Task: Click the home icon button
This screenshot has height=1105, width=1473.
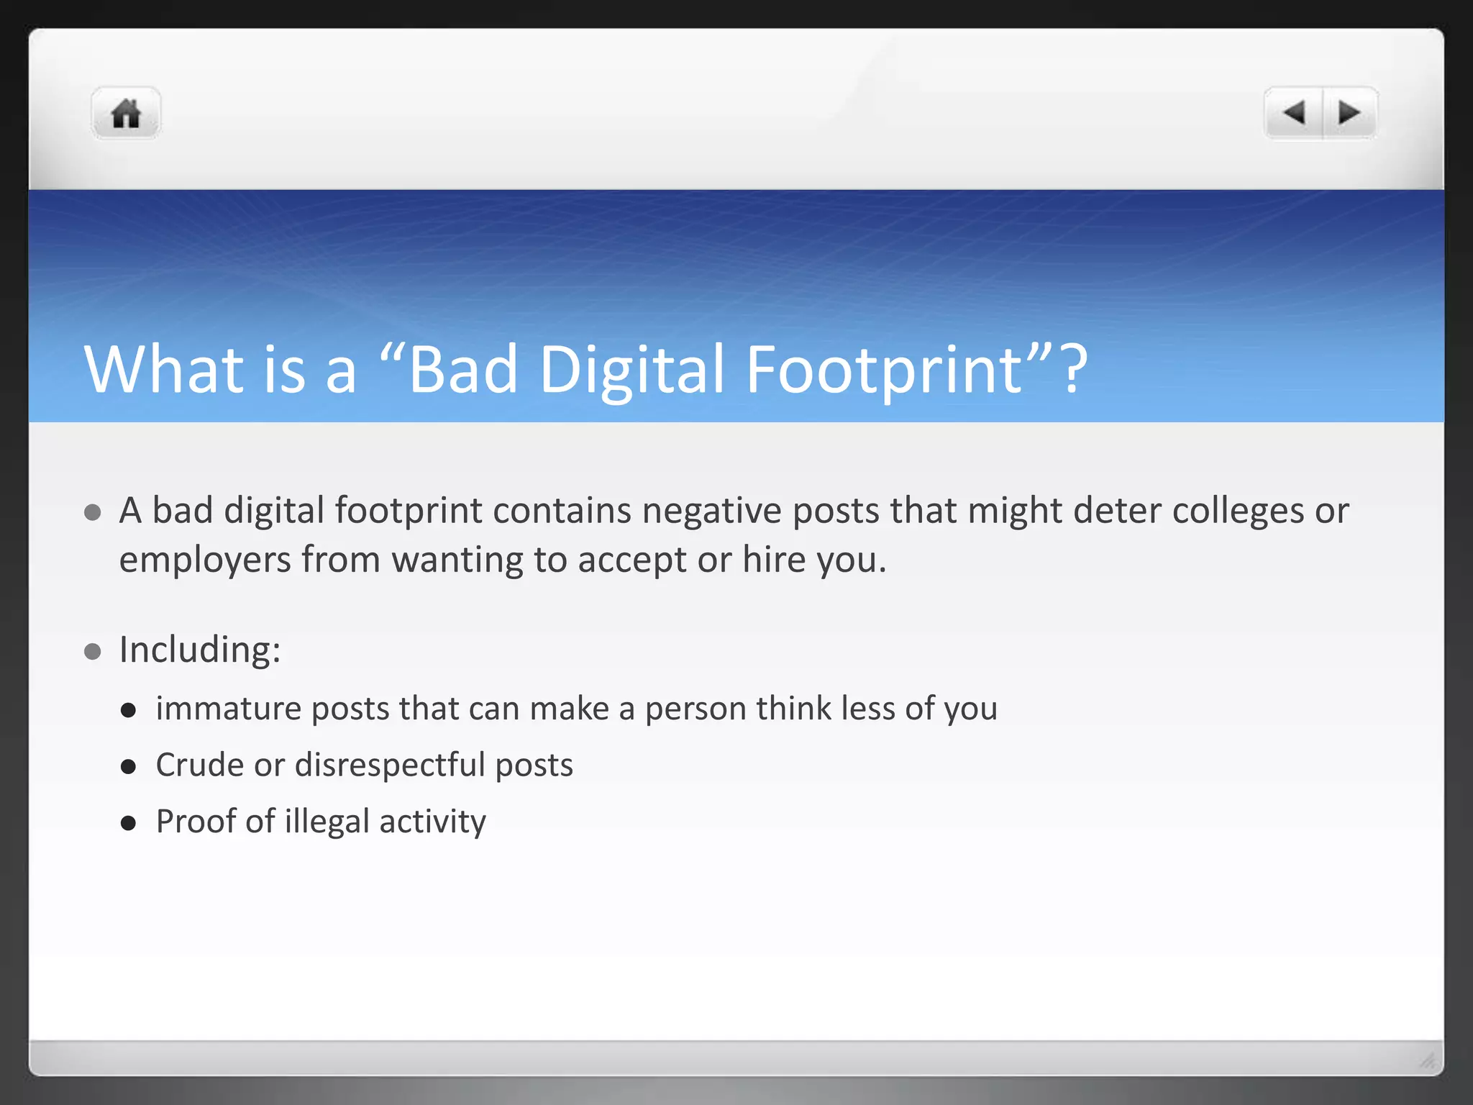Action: coord(126,114)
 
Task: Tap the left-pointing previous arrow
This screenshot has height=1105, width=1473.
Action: coord(1294,113)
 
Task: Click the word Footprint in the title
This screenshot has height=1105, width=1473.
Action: coord(884,370)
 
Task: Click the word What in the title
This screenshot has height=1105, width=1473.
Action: coord(164,370)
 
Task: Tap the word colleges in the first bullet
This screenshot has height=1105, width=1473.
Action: coord(1239,511)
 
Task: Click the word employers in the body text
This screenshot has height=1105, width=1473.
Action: coord(204,560)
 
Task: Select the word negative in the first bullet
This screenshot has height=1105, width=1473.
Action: coord(711,511)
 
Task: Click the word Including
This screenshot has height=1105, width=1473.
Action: coord(199,650)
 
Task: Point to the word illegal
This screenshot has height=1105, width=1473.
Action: coord(327,822)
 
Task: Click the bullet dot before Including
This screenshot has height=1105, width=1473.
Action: coord(92,652)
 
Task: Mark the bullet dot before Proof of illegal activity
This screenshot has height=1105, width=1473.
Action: coord(129,823)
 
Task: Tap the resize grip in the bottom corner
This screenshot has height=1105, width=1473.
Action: coord(1427,1060)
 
